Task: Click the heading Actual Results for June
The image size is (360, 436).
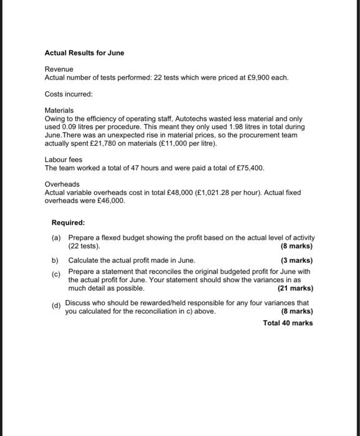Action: [84, 53]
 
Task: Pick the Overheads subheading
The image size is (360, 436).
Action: [62, 185]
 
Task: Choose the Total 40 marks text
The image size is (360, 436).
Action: [288, 323]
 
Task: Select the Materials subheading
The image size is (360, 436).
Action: [59, 110]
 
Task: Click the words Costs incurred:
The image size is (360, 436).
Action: [69, 93]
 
